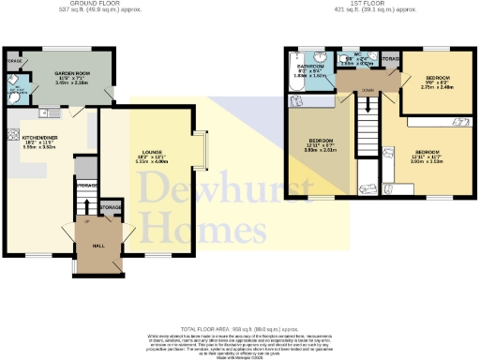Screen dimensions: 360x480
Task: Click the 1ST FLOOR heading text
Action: tap(370, 4)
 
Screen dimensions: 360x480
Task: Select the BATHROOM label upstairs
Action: tap(311, 67)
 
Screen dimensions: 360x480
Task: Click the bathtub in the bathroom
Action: tap(293, 85)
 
